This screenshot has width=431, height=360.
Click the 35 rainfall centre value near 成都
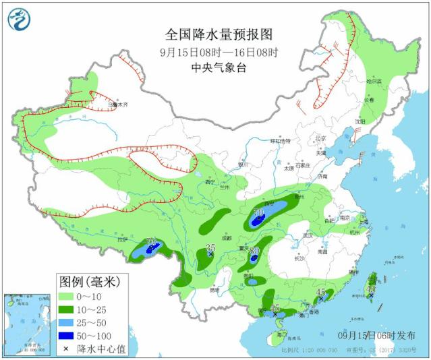[x=210, y=248]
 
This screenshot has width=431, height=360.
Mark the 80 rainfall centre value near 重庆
[x=254, y=251]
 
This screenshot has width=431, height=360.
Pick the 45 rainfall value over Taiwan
[x=370, y=289]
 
